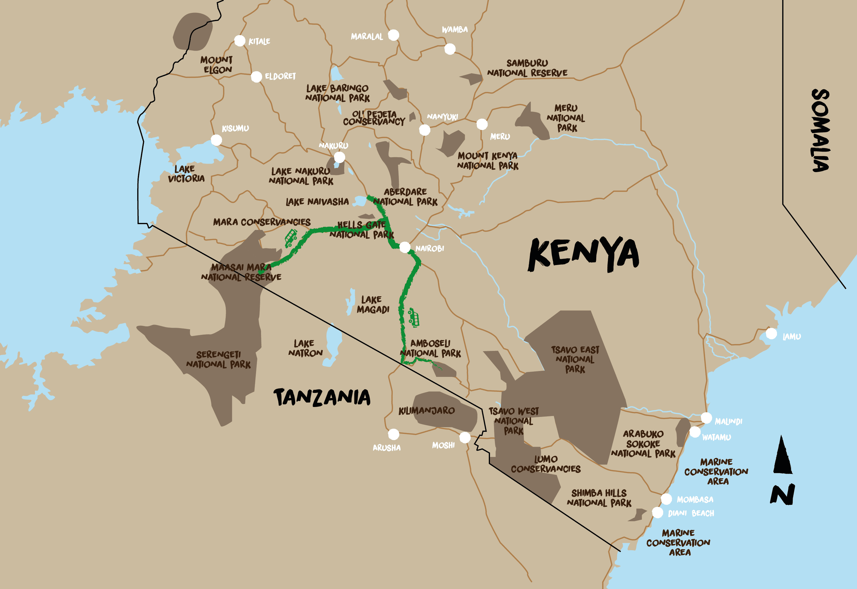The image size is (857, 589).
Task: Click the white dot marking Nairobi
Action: [404, 247]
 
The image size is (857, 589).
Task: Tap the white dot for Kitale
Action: [240, 41]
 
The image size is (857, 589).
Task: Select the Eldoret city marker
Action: [256, 77]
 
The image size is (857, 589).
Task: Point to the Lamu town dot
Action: [771, 333]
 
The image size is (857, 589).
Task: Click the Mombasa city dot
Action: [666, 499]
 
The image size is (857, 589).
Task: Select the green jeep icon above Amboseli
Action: [414, 317]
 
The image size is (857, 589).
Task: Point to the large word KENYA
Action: [583, 254]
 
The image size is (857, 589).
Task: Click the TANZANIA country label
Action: [321, 397]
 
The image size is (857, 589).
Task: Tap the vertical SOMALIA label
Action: [821, 130]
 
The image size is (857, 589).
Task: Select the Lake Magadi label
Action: [373, 304]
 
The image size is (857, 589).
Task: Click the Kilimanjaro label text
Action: [426, 410]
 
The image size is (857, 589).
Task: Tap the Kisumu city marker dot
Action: [216, 140]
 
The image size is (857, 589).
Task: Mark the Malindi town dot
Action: [706, 418]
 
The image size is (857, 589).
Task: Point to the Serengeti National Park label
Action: [218, 359]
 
